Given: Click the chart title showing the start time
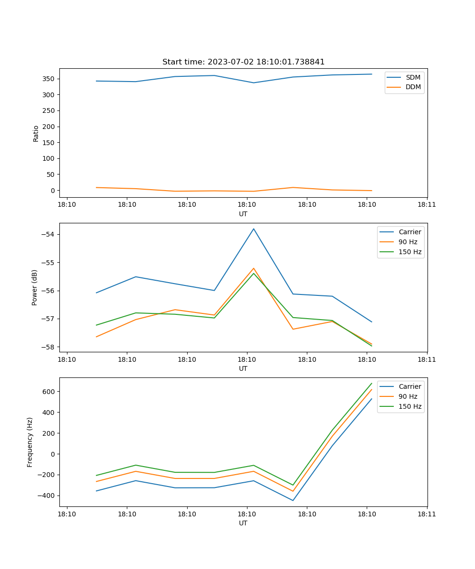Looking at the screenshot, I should click(243, 62).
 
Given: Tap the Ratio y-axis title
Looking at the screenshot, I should click(36, 134).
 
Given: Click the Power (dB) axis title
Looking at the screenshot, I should click(35, 287).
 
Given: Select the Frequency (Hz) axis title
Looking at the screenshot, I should click(30, 442).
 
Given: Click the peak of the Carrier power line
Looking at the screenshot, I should click(254, 229).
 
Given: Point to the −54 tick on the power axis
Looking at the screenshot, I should click(49, 235).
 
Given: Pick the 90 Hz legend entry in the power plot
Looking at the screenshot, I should click(408, 242).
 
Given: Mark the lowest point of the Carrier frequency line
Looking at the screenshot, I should click(293, 500).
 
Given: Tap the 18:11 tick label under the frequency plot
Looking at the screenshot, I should click(427, 514).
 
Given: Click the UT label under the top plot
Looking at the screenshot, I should click(243, 214).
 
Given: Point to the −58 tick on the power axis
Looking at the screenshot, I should click(49, 347).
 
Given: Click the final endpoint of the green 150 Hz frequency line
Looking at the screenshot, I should click(371, 383).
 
